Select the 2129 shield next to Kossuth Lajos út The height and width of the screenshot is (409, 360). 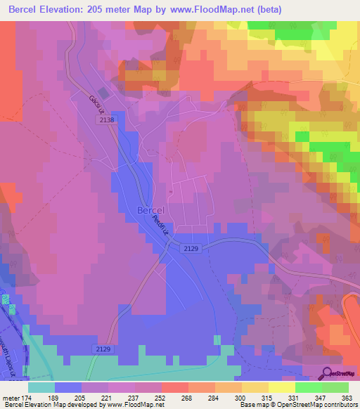[102, 349]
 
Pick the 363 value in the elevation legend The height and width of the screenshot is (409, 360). [347, 397]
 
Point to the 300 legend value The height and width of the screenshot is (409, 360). [241, 397]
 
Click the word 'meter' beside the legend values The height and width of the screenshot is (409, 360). [10, 397]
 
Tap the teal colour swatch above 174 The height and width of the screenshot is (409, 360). [41, 387]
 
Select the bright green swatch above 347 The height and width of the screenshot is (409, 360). [309, 387]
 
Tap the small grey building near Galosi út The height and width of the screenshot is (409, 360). [104, 92]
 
